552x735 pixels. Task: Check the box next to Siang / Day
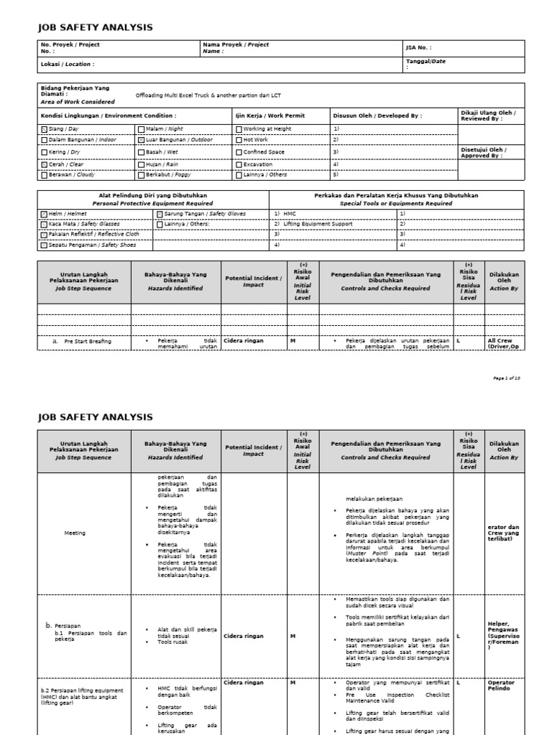(44, 129)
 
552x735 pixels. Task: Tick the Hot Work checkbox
(238, 140)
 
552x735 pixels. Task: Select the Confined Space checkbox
(238, 152)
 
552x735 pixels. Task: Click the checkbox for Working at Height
(238, 129)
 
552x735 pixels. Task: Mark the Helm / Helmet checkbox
(44, 214)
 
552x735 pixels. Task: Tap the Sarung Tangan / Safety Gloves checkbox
(160, 214)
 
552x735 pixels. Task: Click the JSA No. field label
(418, 48)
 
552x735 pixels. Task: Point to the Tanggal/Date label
(425, 62)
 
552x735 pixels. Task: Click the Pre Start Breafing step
(87, 341)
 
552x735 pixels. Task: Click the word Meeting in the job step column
(75, 533)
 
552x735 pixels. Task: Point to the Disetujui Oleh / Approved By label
(482, 152)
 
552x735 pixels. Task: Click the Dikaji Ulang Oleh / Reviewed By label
(487, 116)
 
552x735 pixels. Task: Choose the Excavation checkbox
(238, 164)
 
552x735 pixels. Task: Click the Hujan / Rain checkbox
(141, 164)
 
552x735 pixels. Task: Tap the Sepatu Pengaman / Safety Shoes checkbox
(44, 245)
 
